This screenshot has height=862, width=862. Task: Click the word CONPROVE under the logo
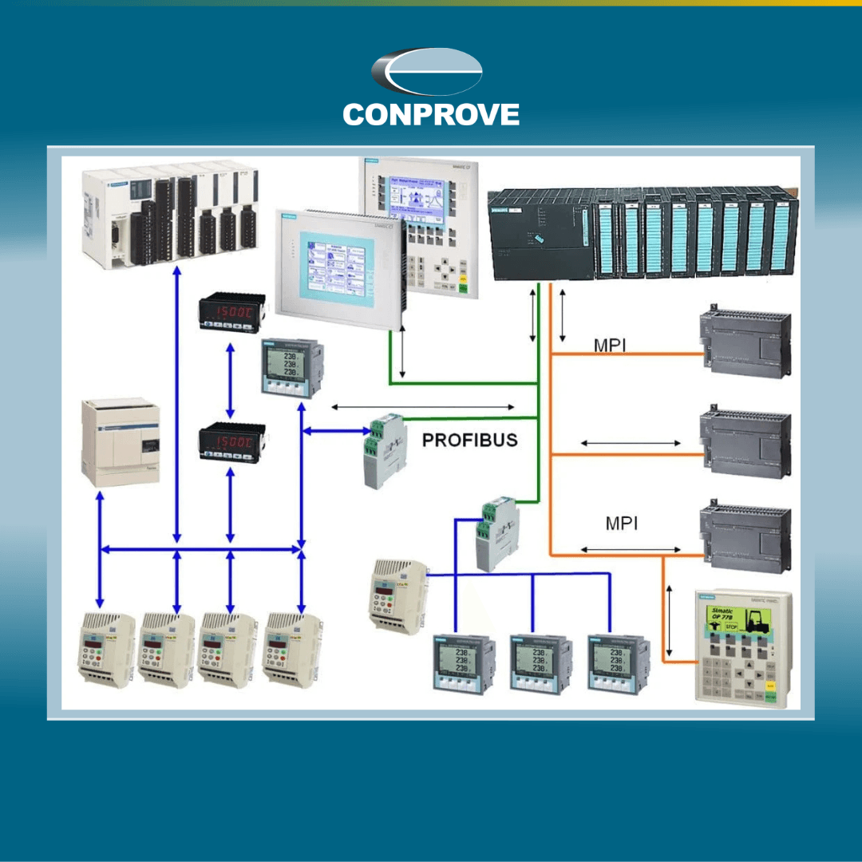coord(431,114)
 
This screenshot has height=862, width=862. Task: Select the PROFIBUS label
coord(469,440)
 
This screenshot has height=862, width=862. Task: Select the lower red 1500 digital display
coord(231,441)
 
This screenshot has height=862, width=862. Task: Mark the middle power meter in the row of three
coord(540,663)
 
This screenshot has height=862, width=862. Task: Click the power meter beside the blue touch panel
coord(291,366)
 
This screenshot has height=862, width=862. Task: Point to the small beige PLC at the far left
coord(121,443)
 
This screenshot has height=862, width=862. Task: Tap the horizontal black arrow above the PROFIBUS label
coord(422,407)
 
